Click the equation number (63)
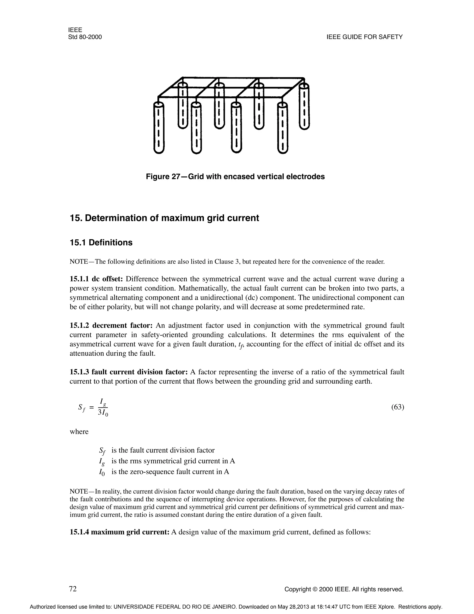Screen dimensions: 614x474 pyautogui.click(x=397, y=407)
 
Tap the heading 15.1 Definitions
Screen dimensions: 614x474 pyautogui.click(x=101, y=242)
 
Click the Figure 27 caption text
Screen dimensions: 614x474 pyautogui.click(x=235, y=177)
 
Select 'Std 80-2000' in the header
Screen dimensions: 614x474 pyautogui.click(x=85, y=37)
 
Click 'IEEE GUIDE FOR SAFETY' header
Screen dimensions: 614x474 pyautogui.click(x=365, y=37)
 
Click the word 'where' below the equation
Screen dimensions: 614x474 pyautogui.click(x=79, y=432)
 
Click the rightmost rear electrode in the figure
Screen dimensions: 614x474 pyautogui.click(x=304, y=107)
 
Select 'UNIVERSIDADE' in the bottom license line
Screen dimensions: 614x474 pyautogui.click(x=135, y=607)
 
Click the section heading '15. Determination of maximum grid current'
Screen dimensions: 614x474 pyautogui.click(x=164, y=218)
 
